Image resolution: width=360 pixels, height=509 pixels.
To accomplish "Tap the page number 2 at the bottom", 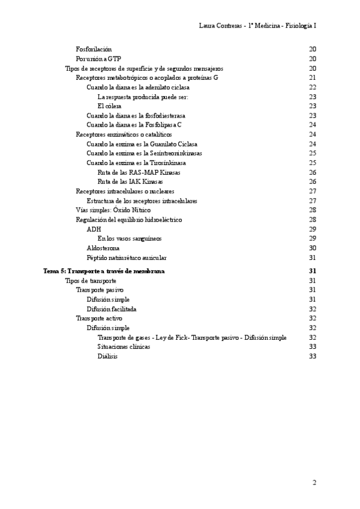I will point(314,482).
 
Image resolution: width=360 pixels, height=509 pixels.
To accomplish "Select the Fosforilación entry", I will point(94,49).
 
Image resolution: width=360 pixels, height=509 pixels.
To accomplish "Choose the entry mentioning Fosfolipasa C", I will point(134,125).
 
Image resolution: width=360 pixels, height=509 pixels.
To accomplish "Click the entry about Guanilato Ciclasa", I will point(142,144).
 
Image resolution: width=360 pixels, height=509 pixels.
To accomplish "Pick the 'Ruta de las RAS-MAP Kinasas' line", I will point(139,172).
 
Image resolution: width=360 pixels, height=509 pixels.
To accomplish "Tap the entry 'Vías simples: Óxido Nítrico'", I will point(113,210).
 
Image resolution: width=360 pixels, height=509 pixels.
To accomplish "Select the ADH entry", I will point(94,229).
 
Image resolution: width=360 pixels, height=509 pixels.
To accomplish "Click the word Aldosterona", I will point(103,248).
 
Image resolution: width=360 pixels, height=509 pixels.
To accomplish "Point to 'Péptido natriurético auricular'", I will point(127,258).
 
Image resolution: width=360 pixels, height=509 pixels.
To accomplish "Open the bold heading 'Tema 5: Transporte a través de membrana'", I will point(104,271).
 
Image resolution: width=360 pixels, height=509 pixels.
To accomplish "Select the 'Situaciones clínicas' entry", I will point(124,347).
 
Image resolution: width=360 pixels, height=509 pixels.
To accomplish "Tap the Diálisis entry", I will point(107,357).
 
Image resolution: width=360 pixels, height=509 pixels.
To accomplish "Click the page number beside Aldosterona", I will point(312,248).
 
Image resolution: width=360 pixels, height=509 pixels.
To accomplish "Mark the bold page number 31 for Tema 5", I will point(312,271).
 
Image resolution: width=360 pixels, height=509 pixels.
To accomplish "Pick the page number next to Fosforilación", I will point(312,49).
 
